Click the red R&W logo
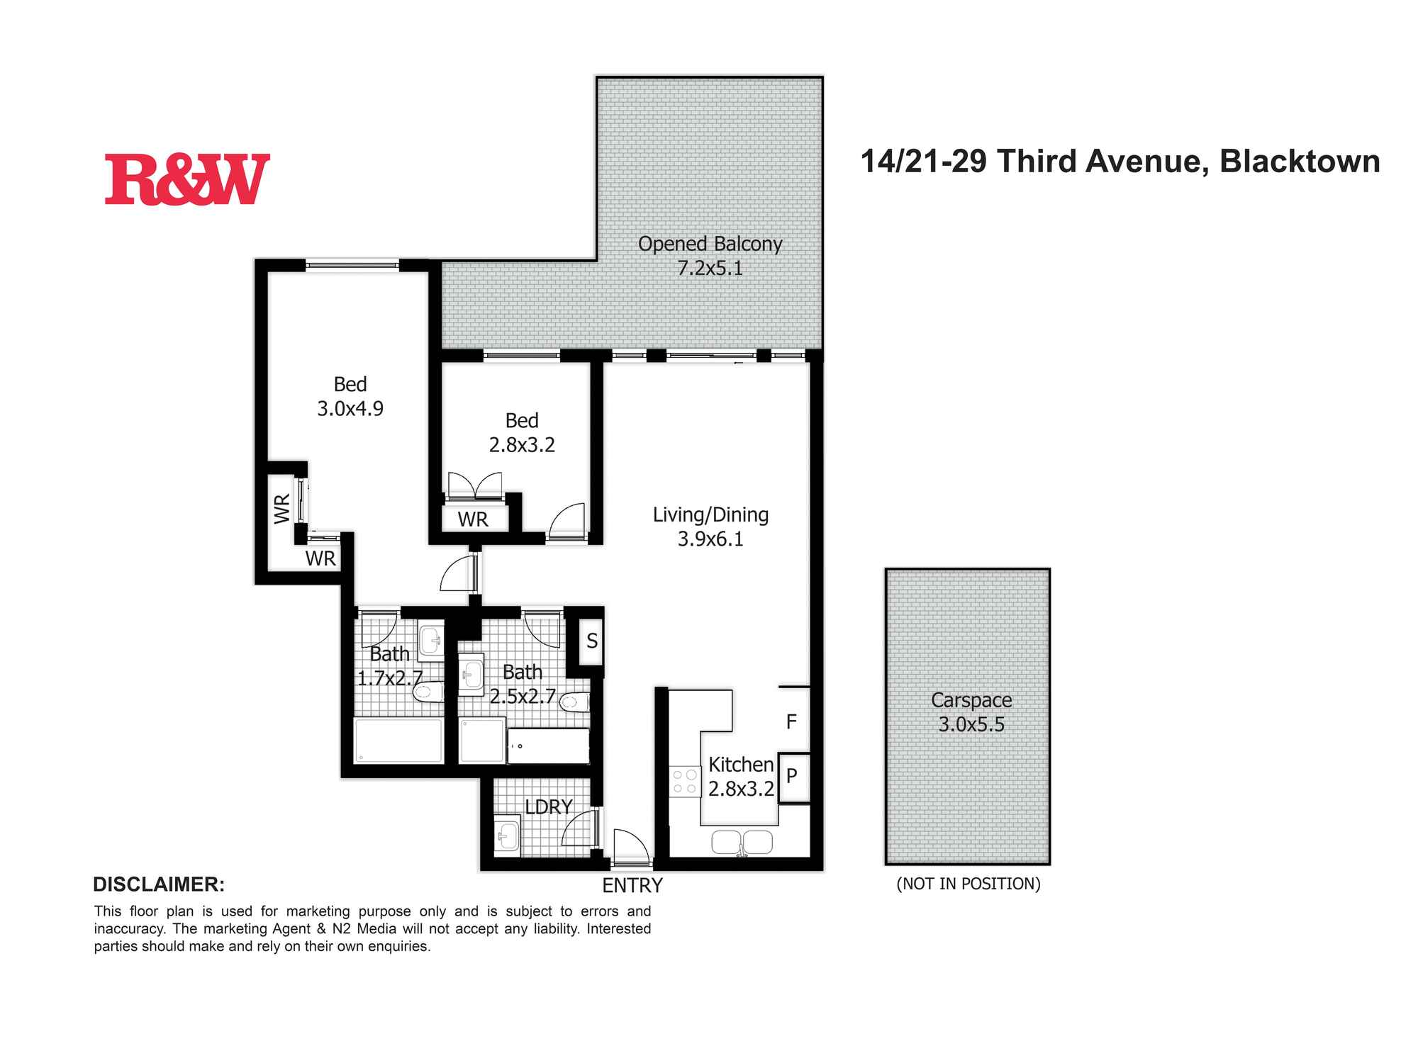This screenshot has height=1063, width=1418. [x=187, y=179]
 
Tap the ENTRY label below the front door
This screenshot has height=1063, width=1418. [x=632, y=886]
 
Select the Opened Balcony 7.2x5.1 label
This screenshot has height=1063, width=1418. [x=710, y=256]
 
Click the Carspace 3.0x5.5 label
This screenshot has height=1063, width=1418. [x=971, y=712]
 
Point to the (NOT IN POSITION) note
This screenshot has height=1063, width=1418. [x=968, y=884]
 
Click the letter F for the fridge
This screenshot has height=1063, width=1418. [x=791, y=722]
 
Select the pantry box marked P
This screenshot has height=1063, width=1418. [x=793, y=777]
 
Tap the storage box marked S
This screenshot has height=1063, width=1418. [x=591, y=641]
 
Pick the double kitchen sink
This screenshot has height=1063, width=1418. [x=742, y=842]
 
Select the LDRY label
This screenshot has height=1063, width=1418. [x=549, y=806]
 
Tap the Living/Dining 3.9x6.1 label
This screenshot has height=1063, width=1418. [x=710, y=527]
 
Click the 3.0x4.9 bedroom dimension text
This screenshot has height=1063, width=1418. [x=350, y=409]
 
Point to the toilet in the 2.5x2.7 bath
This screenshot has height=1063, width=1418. [x=574, y=703]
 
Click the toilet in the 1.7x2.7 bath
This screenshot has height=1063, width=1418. [x=428, y=691]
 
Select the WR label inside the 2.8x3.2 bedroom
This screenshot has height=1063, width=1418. [x=473, y=519]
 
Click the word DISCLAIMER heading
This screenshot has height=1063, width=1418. [x=159, y=884]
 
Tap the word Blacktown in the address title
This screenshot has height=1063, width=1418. [x=1300, y=162]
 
